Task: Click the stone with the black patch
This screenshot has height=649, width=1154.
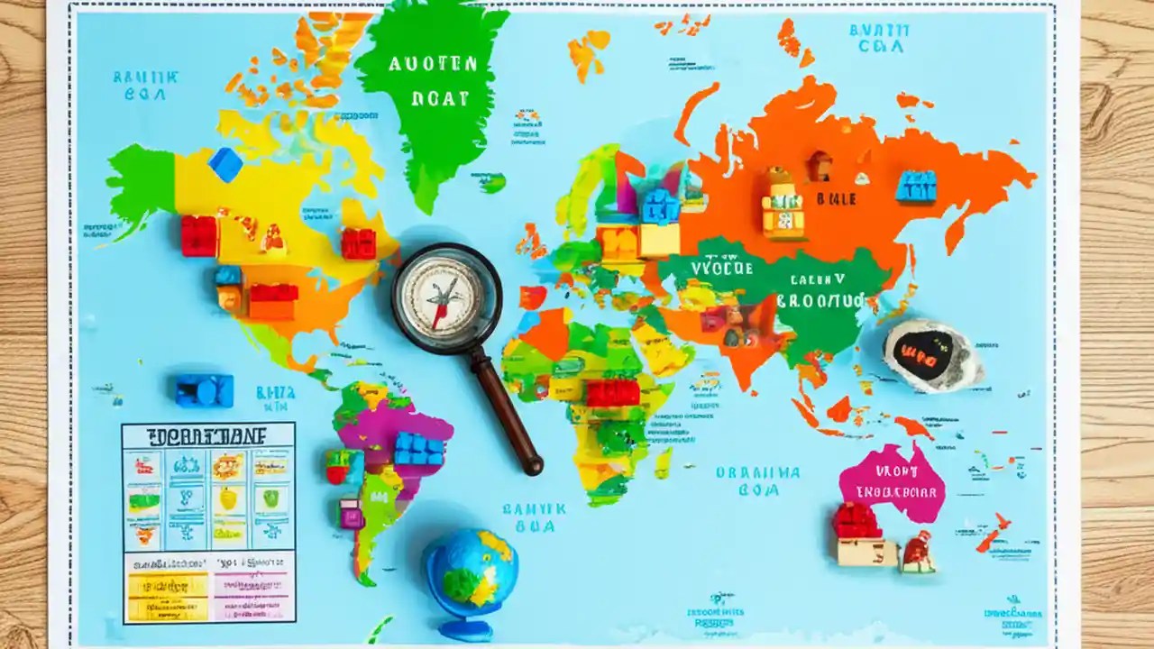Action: [929, 355]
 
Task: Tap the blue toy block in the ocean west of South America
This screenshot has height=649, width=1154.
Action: [205, 390]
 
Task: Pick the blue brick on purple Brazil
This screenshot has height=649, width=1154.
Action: [418, 449]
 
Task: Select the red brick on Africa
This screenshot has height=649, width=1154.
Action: [612, 392]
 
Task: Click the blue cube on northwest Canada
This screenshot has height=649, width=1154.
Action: [225, 164]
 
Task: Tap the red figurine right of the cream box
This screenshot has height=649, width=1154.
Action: [917, 552]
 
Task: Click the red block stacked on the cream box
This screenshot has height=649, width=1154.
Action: [856, 521]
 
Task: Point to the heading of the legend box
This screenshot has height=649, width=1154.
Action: [207, 437]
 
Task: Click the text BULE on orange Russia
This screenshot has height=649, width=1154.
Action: [836, 198]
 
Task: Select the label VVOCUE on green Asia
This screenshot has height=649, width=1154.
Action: [721, 268]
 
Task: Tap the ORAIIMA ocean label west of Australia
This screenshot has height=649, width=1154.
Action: [758, 472]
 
